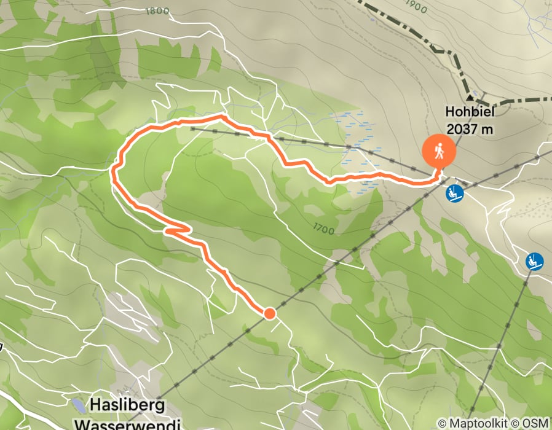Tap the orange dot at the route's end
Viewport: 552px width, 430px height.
[x=269, y=314]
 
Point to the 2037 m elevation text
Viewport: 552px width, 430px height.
[x=471, y=129]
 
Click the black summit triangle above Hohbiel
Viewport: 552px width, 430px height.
[x=470, y=97]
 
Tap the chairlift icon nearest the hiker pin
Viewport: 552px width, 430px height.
[x=455, y=193]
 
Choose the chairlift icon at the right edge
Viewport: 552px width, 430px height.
[x=535, y=261]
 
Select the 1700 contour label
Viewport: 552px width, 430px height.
[x=323, y=230]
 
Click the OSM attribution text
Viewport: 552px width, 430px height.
[x=536, y=423]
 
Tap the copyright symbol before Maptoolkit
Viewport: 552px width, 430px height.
[x=442, y=423]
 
